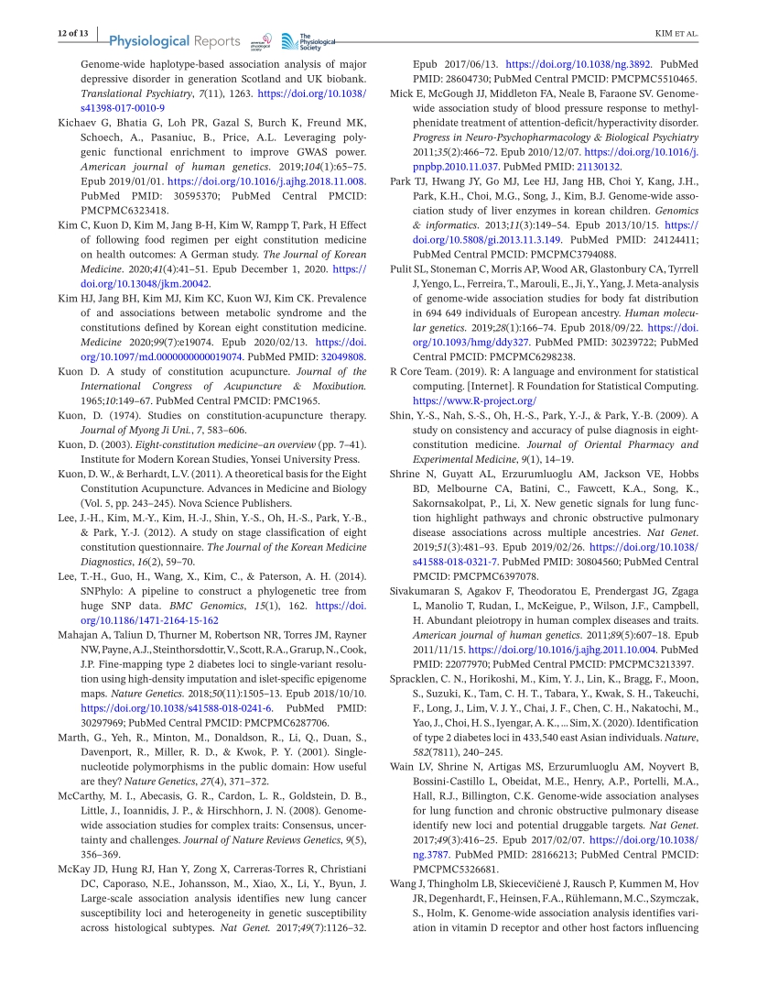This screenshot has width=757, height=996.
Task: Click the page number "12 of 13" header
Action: pos(67,33)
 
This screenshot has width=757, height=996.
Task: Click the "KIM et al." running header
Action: pos(677,34)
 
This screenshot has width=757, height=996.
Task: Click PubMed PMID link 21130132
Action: pos(597,167)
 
